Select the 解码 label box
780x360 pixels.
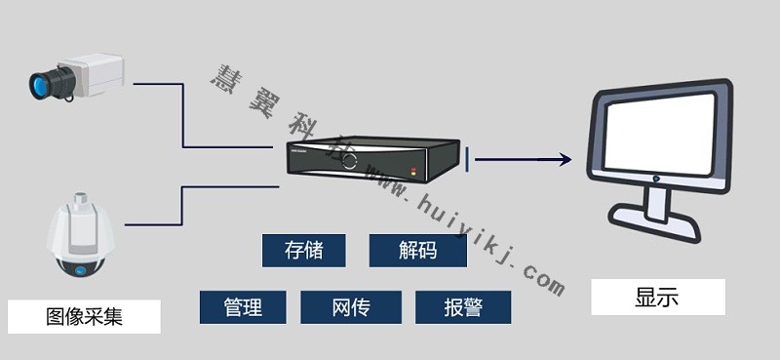[x=417, y=251]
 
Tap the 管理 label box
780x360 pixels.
[x=243, y=307]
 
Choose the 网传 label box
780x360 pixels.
[x=350, y=307]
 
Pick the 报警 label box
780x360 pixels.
[x=463, y=307]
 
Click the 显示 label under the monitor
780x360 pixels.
[x=657, y=298]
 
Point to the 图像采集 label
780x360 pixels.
[x=84, y=317]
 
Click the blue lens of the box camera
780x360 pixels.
[x=42, y=84]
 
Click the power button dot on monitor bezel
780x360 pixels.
[x=658, y=179]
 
